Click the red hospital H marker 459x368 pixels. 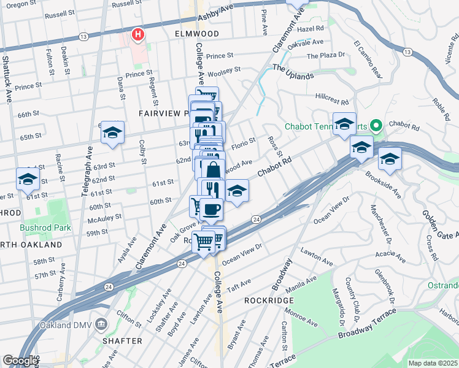[138, 34]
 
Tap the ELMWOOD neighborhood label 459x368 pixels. [196, 33]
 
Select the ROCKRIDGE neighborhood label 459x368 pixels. [269, 301]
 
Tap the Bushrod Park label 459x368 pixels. [45, 228]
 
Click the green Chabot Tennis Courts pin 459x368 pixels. [376, 126]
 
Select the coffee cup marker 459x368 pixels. [212, 209]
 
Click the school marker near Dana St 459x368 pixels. [112, 132]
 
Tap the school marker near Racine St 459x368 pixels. [28, 180]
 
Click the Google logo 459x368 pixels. [20, 361]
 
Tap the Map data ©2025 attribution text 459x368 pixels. [432, 363]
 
